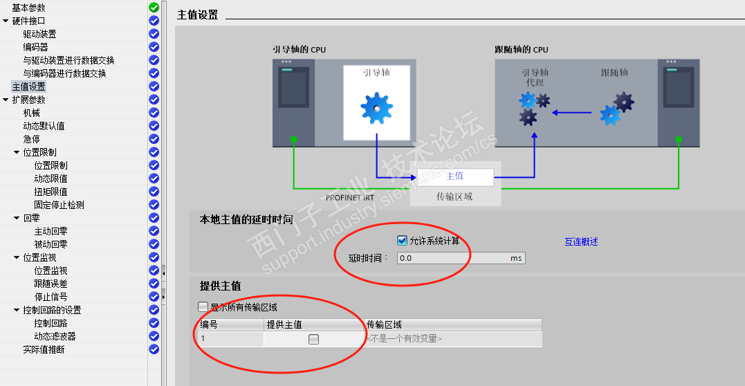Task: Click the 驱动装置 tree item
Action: click(x=40, y=34)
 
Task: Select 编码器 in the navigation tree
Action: click(x=36, y=47)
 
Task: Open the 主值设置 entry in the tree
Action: click(x=29, y=86)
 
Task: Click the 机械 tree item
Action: click(x=31, y=113)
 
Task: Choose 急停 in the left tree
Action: click(x=31, y=139)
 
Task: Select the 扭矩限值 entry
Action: click(x=50, y=192)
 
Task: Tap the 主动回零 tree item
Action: click(x=50, y=231)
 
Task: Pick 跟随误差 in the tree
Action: click(x=50, y=284)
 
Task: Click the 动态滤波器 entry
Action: click(x=55, y=337)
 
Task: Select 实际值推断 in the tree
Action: click(x=44, y=349)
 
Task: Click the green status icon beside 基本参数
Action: click(x=154, y=8)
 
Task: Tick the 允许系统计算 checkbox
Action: click(x=402, y=241)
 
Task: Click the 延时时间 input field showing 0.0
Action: click(x=461, y=258)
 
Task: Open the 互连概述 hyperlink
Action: click(x=581, y=241)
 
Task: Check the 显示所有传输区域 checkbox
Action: click(x=203, y=307)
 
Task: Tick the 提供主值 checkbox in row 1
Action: click(x=313, y=339)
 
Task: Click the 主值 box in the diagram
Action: click(x=455, y=176)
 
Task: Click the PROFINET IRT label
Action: click(x=350, y=198)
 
